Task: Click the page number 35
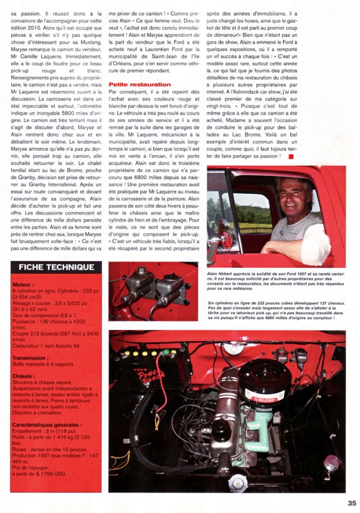point(351,503)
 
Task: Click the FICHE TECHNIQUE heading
point(56,267)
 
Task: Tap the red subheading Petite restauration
point(140,84)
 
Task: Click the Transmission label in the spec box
point(30,359)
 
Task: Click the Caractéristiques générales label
point(47,425)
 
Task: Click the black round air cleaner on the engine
point(264,382)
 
